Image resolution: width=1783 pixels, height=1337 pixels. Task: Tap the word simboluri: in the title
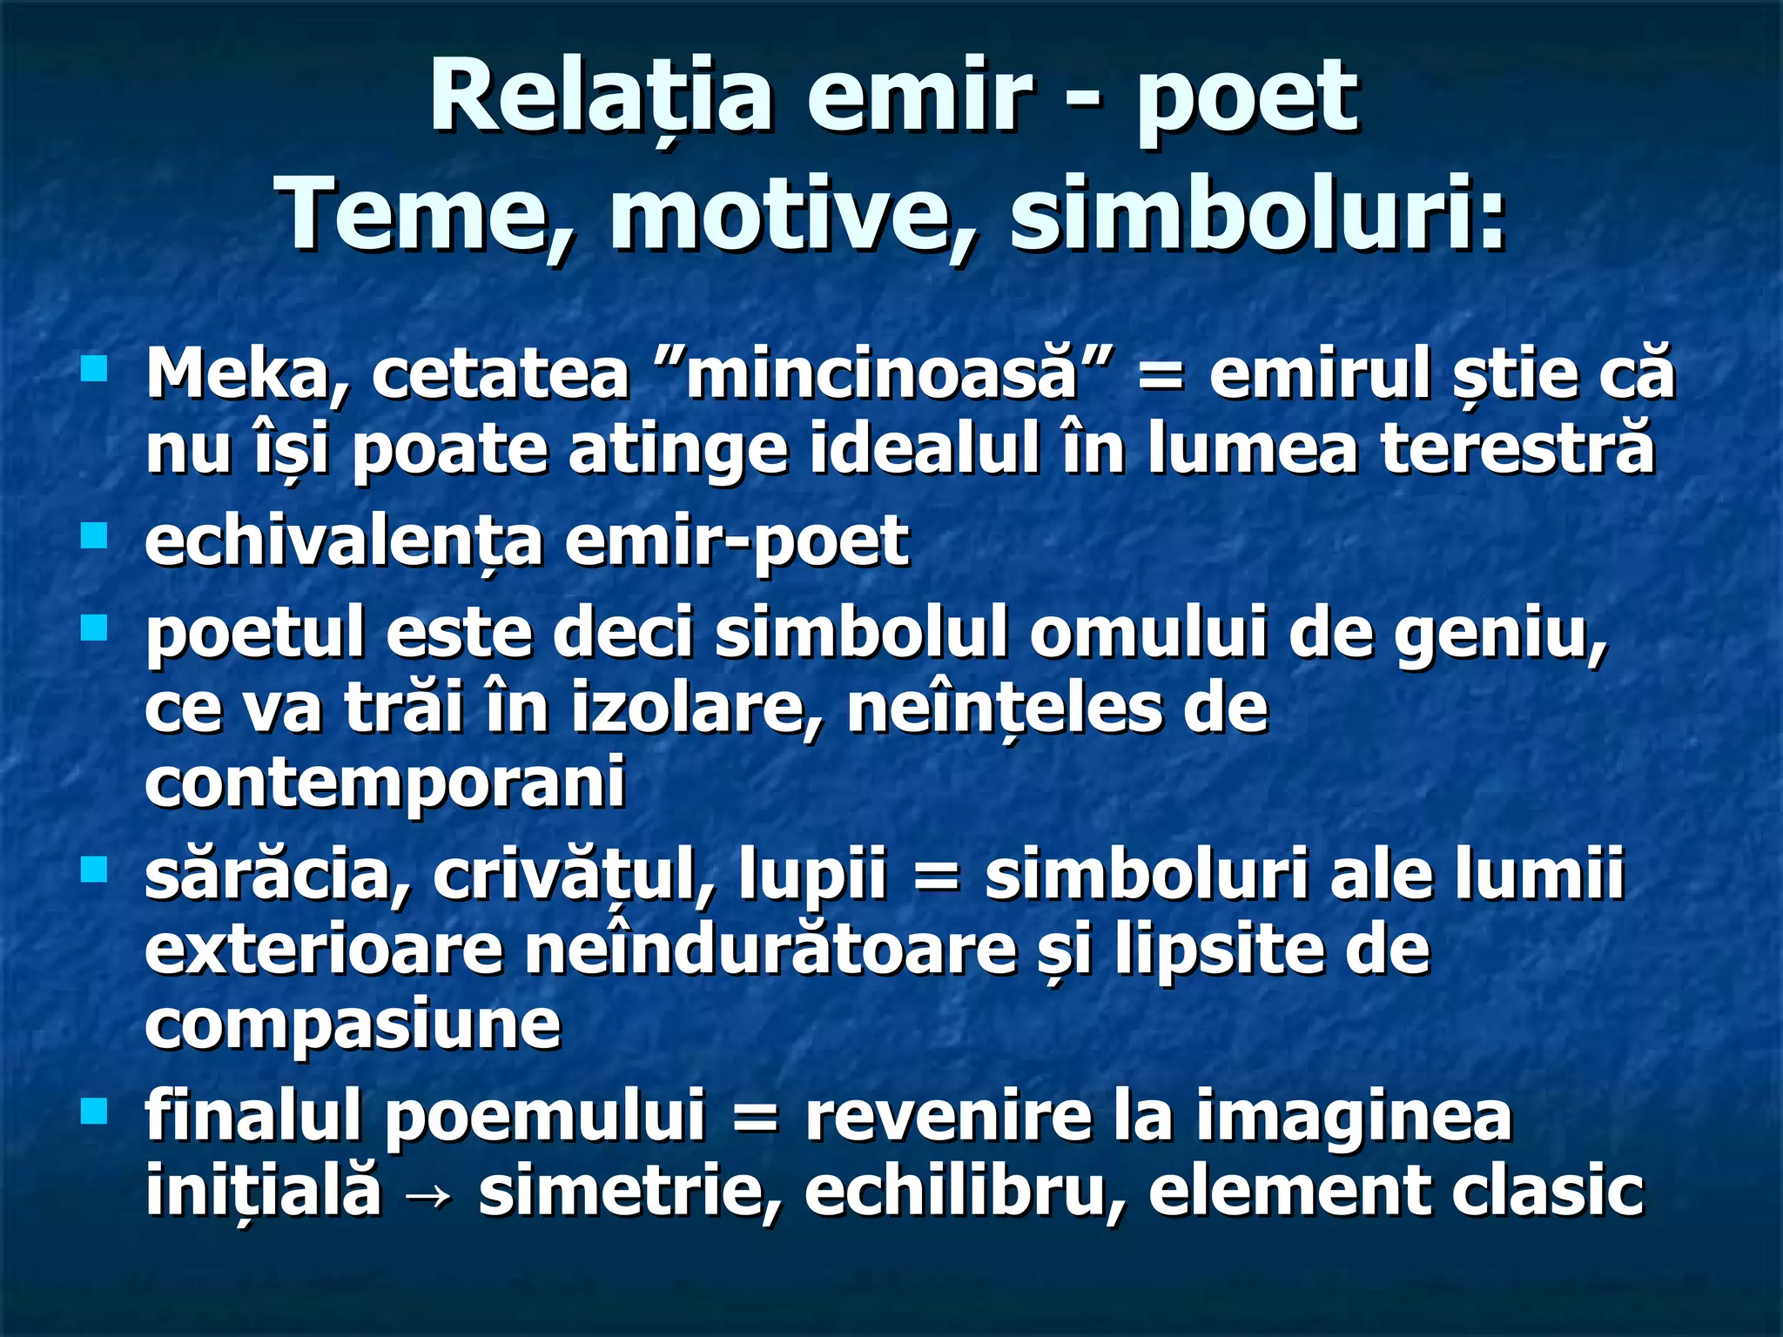(1257, 214)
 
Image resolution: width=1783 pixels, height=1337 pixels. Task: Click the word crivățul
(574, 876)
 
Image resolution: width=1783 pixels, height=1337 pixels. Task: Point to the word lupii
(811, 876)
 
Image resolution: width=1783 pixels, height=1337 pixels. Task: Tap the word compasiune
(353, 1025)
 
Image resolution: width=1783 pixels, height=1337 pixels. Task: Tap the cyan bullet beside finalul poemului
(93, 1110)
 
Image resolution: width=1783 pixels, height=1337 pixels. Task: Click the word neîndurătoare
(770, 951)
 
